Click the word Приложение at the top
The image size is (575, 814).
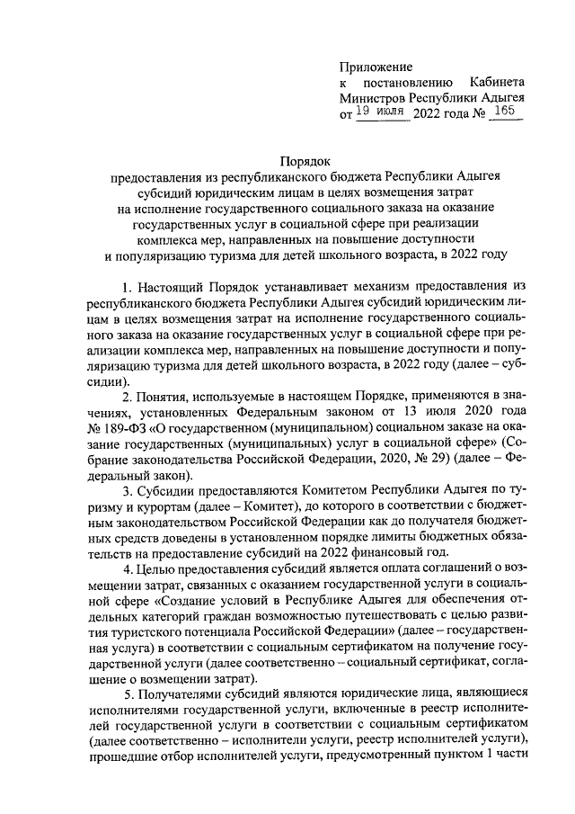376,67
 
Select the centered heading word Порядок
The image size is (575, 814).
305,160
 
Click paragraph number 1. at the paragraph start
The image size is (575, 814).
128,286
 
